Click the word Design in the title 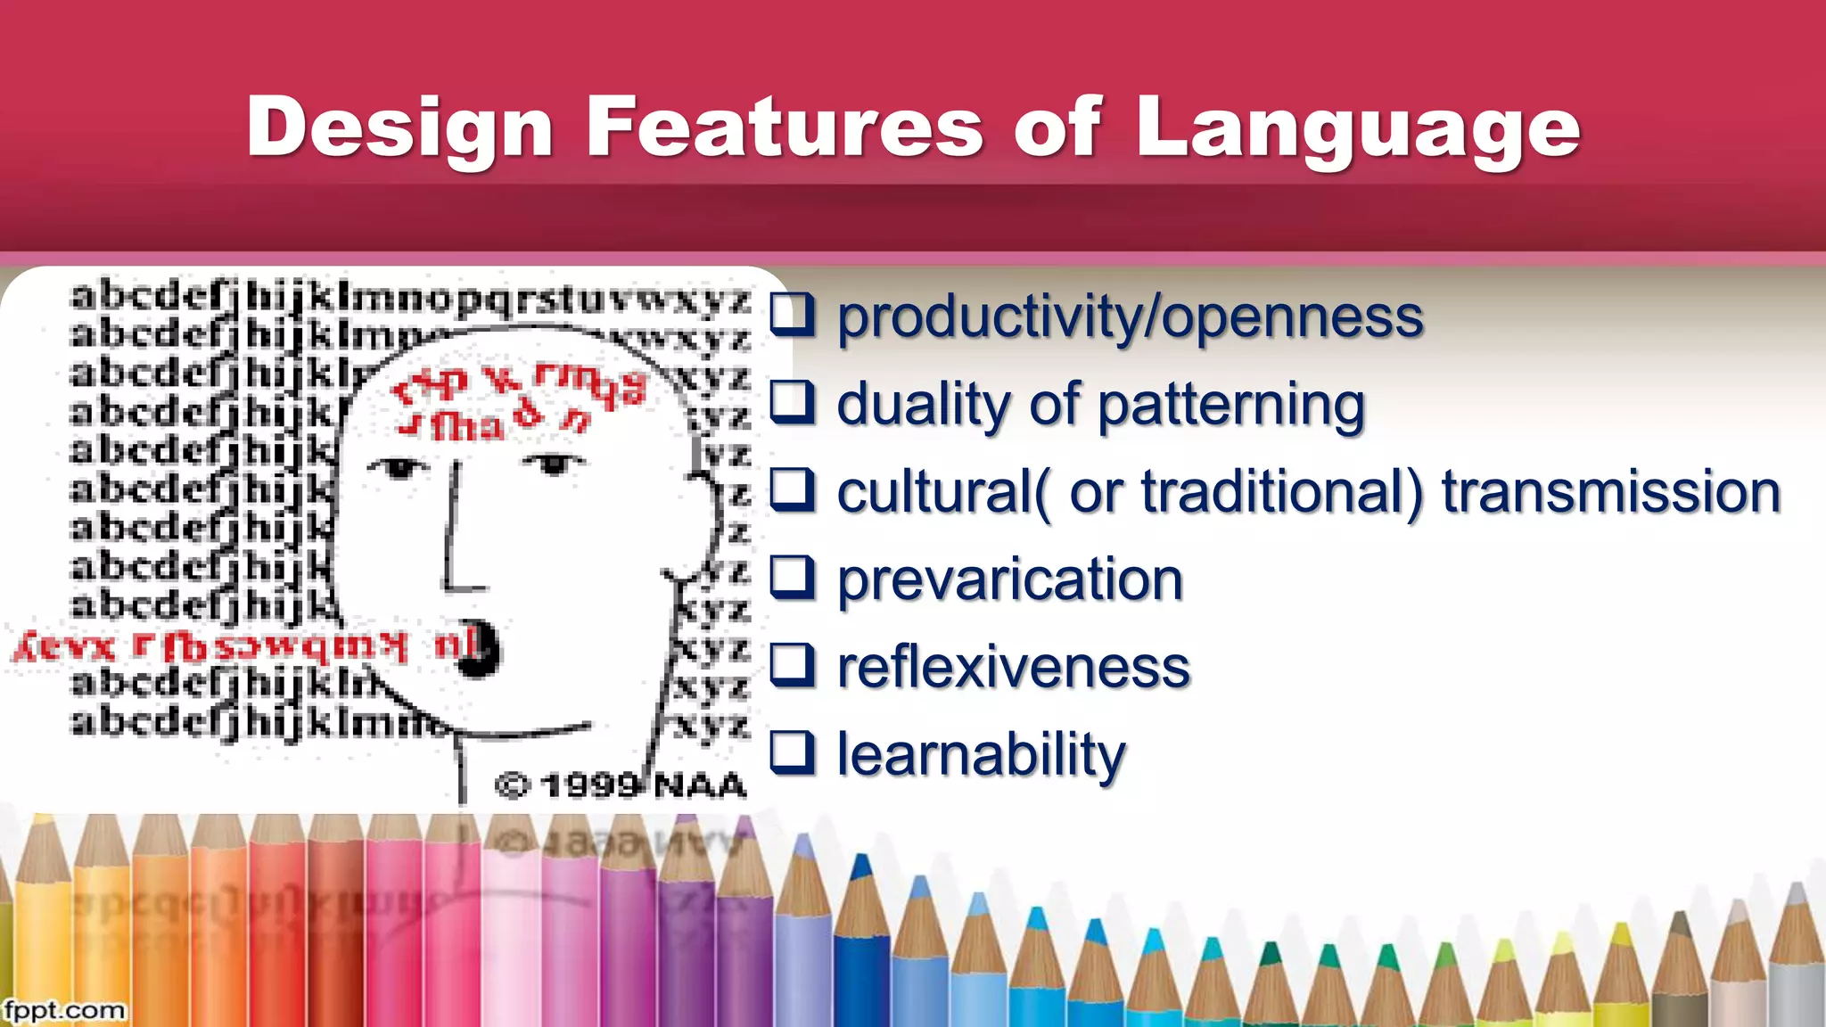coord(401,129)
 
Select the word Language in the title coord(1358,129)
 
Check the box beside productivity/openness coord(792,315)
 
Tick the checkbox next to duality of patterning coord(792,402)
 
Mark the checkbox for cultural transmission coord(792,489)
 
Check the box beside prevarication coord(792,578)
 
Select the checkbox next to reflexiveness coord(792,665)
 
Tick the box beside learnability coord(792,752)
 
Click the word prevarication coord(1010,579)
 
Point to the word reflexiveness coord(1014,667)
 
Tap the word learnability coord(981,755)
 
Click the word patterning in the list coord(1231,405)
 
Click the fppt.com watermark coord(64,1011)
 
